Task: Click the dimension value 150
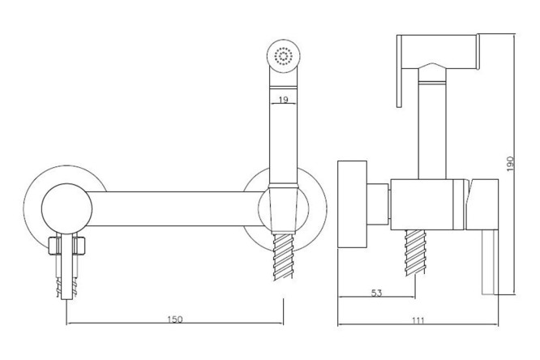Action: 174,319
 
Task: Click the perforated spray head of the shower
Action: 283,57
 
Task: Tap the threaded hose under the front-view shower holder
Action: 283,251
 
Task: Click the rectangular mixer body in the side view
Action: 430,199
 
